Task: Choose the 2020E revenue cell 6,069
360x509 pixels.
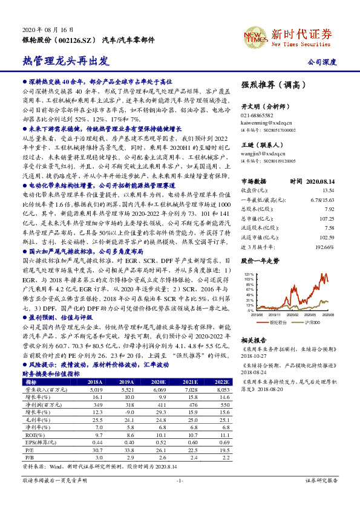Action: (159, 391)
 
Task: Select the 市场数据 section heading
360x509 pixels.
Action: (254, 181)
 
